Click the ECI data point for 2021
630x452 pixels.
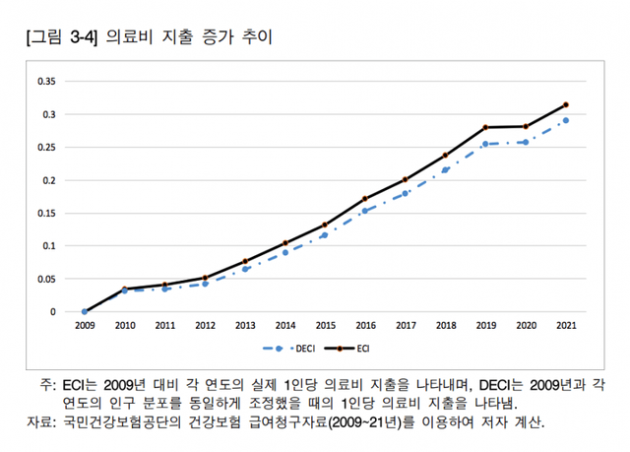click(564, 104)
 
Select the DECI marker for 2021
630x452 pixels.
click(564, 120)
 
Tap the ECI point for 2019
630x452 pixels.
click(484, 127)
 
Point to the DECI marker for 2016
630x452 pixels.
click(364, 211)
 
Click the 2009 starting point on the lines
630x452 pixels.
click(85, 311)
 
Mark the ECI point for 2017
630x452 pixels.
click(405, 179)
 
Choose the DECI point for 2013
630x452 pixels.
click(245, 269)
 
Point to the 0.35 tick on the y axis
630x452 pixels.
click(44, 81)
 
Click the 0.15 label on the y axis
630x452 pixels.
click(44, 213)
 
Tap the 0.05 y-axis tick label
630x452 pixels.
click(44, 279)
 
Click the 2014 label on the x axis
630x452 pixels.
click(284, 325)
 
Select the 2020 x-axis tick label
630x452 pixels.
click(525, 325)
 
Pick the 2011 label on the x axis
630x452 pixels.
click(164, 325)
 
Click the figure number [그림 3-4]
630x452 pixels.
click(58, 38)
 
